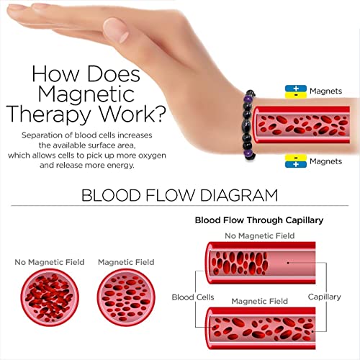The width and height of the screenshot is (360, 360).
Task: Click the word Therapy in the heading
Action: click(49, 114)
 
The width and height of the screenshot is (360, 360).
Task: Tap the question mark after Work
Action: click(159, 113)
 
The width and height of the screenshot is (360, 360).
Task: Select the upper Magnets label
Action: click(325, 91)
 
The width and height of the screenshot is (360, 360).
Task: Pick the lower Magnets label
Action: click(325, 161)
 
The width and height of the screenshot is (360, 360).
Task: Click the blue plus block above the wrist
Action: click(296, 89)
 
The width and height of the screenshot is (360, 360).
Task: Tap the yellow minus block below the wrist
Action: click(296, 158)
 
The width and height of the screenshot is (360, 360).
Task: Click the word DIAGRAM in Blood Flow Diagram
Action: click(239, 195)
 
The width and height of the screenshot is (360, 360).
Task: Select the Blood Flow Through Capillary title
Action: click(259, 220)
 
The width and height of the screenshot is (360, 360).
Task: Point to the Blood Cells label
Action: click(193, 297)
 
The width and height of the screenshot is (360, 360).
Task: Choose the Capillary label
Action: click(324, 297)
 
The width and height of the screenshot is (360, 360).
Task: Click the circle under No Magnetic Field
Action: click(50, 297)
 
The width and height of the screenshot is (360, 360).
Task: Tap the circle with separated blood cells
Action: click(126, 297)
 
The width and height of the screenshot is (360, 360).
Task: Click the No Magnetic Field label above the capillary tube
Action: click(260, 235)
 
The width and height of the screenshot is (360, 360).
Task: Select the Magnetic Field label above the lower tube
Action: click(259, 301)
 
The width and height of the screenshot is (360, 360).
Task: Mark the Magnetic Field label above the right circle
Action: click(126, 262)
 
